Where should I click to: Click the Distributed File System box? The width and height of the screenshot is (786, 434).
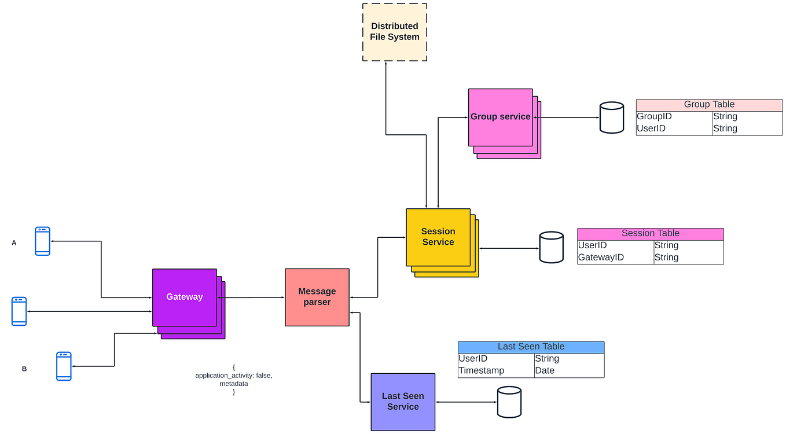coord(395,32)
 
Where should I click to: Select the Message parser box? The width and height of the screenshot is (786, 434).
coord(317,297)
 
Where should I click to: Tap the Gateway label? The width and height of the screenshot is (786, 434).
coord(184,297)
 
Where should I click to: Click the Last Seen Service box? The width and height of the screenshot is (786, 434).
coord(403,402)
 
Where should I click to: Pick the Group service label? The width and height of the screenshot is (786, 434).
coord(500,117)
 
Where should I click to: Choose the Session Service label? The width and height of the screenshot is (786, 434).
coord(438,237)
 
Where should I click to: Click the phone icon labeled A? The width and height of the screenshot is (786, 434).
coord(42,241)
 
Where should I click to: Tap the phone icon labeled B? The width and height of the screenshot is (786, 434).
coord(64,366)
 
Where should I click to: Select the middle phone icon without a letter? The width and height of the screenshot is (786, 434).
coord(19,311)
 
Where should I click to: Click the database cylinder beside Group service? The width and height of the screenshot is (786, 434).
coord(611,117)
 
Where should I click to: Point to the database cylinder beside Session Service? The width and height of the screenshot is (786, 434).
coord(551,248)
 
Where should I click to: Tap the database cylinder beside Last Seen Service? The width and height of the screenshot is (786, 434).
coord(509,402)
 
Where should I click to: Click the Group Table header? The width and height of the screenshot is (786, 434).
coord(709,105)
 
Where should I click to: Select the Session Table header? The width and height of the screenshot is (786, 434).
coord(650,234)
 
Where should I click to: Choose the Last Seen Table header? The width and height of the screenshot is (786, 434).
coord(531,347)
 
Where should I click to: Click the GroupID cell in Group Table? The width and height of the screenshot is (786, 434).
coord(654,117)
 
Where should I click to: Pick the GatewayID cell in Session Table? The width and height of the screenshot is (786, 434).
coord(601,258)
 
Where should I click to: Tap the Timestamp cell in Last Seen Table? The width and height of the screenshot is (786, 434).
coord(481,371)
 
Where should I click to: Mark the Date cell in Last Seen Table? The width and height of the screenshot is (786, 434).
coord(545,371)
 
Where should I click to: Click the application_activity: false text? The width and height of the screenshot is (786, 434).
coord(233,376)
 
